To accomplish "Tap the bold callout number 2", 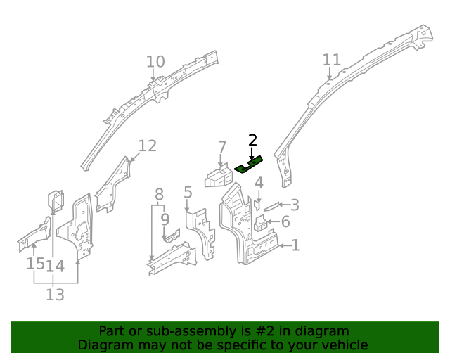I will point(252,141).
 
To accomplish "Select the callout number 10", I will point(155,62).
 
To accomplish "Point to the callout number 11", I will point(331,60).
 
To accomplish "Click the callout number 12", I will point(147,146).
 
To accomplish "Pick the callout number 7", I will point(222,148).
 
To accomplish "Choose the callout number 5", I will point(188,192).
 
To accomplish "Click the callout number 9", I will point(165,219).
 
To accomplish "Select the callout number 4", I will point(259,184).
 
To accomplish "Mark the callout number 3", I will point(295,205).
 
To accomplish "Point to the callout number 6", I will point(285,222).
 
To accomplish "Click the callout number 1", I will point(295,245).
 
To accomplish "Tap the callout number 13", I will point(55,295).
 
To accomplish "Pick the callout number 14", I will point(56,266).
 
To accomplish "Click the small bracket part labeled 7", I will point(217,176).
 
